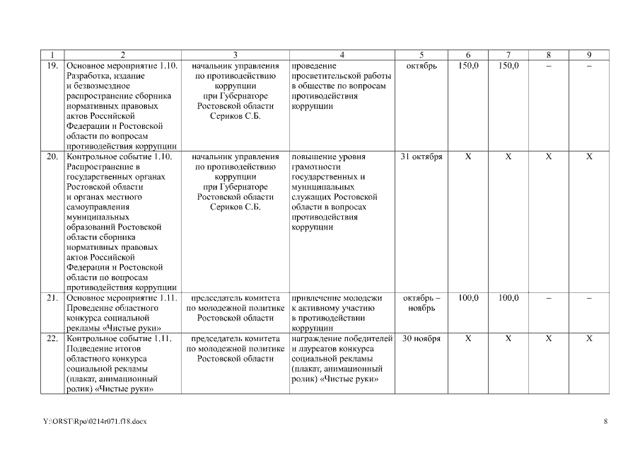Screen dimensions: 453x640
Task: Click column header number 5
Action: point(421,55)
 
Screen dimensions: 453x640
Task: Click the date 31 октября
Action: point(421,156)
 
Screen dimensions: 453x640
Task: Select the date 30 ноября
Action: point(421,338)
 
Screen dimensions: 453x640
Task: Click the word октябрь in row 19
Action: point(421,66)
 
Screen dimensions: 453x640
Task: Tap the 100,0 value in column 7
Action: point(508,298)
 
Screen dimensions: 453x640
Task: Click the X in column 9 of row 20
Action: point(589,156)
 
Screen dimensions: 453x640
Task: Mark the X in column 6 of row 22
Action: point(467,338)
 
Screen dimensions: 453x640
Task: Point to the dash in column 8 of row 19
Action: point(549,66)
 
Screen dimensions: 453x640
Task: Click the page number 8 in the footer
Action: point(605,423)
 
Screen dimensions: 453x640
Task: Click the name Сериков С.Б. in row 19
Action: point(235,116)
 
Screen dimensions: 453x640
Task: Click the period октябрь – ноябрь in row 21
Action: point(421,303)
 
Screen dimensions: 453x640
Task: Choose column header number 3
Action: point(235,55)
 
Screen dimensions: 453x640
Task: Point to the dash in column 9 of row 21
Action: point(589,298)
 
